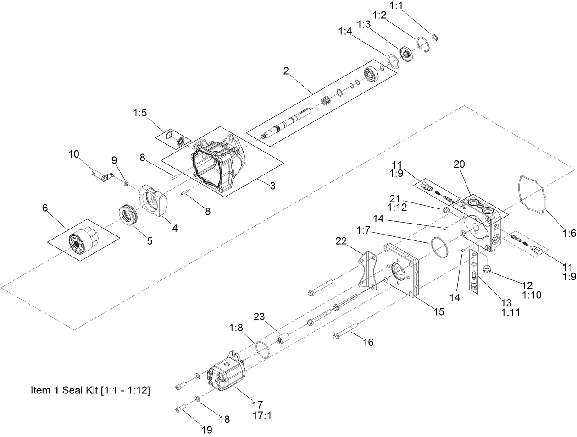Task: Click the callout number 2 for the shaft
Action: [286, 71]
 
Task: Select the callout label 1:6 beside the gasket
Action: [569, 233]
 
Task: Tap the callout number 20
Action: [459, 164]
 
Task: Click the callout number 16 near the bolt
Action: [368, 342]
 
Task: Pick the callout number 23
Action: [260, 317]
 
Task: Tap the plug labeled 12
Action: [487, 268]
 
